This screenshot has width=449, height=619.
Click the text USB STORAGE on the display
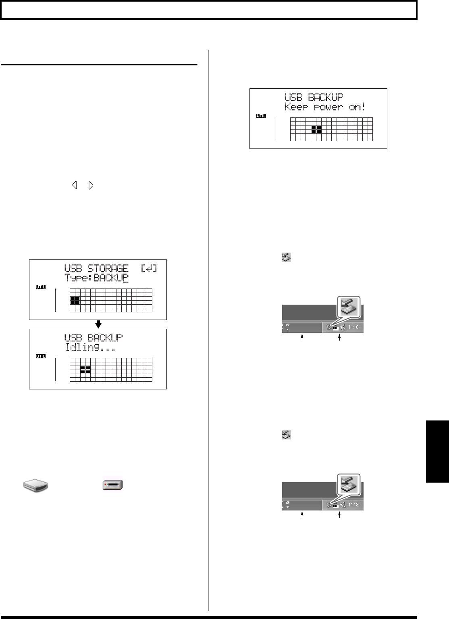[96, 268]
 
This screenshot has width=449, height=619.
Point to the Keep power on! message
[325, 107]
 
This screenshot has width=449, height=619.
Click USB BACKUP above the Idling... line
[94, 337]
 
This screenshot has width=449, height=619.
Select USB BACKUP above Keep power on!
[314, 97]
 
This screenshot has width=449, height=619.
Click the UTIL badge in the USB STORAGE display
[41, 287]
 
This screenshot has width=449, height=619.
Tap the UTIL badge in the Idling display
[41, 356]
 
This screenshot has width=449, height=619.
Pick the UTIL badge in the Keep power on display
[261, 116]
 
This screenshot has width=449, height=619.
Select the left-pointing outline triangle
[74, 186]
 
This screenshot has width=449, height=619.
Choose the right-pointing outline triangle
[91, 186]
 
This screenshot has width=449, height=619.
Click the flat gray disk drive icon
[35, 485]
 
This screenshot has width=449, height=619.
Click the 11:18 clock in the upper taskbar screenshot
[353, 327]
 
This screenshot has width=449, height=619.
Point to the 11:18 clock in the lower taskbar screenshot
[353, 505]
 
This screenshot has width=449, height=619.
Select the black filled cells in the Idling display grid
[85, 369]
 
